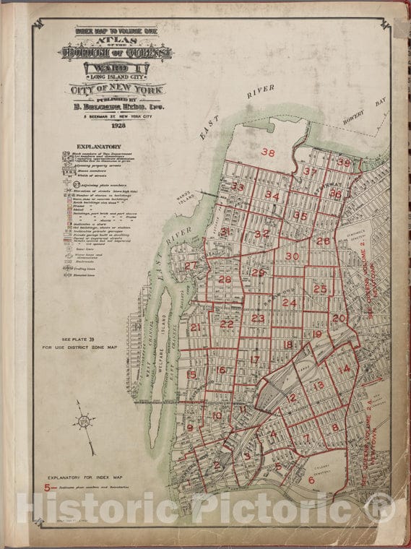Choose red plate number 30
[x=292, y=256]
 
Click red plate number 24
[x=289, y=303]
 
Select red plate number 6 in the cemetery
[x=311, y=480]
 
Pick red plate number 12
[x=291, y=397]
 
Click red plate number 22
[x=227, y=324]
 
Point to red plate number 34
[x=272, y=195]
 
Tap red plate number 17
[x=254, y=359]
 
